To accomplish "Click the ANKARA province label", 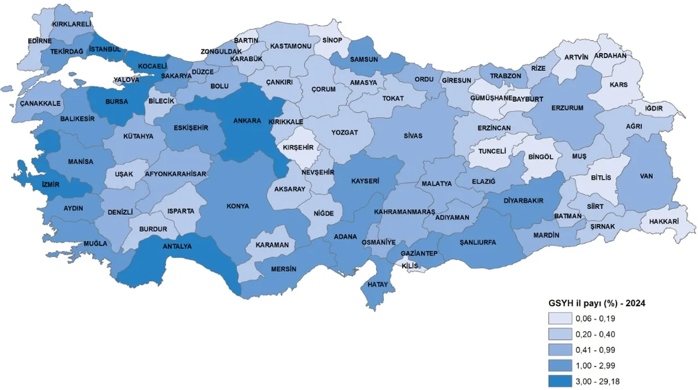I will point(247,121).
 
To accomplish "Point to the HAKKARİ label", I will point(663,222).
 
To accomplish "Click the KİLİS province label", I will point(409,266).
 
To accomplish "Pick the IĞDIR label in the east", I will point(653,108).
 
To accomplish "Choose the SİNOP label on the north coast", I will point(332,40).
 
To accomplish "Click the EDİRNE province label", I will point(40,41).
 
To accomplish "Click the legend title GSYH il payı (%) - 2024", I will point(597,303).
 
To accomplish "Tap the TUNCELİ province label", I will point(492,152).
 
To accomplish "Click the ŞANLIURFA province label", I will point(478,243).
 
